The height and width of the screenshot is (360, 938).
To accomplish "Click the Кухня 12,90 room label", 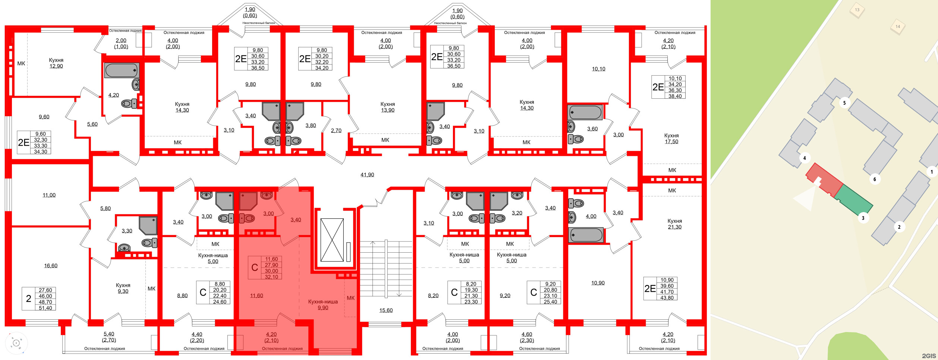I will tap(56, 63).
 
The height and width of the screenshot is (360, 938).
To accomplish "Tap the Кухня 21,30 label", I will tap(674, 224).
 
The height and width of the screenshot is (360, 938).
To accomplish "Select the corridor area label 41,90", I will tap(367, 175).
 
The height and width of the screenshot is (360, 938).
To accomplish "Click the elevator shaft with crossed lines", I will tap(332, 240).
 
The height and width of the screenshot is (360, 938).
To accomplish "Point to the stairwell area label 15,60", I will tap(386, 310).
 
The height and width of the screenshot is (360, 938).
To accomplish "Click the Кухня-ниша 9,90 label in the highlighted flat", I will tap(323, 304).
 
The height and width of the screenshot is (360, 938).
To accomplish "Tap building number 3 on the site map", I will tap(863, 218).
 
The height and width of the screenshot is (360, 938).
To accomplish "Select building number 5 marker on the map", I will tap(844, 103).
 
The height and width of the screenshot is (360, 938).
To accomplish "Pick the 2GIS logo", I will tap(929, 356).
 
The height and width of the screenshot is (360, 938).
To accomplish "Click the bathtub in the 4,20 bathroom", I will tap(122, 70).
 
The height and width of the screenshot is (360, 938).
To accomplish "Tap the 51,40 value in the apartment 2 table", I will tap(45, 308).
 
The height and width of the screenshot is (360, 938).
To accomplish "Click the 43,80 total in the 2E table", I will tap(667, 298).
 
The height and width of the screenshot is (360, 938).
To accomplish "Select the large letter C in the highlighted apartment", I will tap(255, 268).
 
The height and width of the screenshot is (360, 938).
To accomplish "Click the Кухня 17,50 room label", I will tap(671, 139).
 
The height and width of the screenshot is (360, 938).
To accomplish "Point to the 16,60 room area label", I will tap(51, 266).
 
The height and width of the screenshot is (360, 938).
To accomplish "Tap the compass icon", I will tap(16, 343).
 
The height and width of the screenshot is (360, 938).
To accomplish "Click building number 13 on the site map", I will tap(857, 10).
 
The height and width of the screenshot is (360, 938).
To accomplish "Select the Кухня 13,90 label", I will tap(387, 107).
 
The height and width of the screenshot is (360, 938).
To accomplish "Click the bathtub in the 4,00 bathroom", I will tap(585, 235).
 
